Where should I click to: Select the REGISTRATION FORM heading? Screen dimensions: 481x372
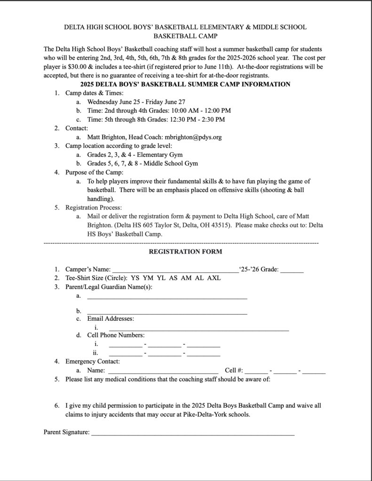click(x=185, y=251)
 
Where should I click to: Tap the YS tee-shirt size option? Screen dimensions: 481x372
click(x=135, y=278)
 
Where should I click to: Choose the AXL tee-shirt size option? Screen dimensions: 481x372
click(x=214, y=278)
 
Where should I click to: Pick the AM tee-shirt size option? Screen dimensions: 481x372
click(x=186, y=278)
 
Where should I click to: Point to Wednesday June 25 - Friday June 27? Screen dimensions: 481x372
click(x=136, y=101)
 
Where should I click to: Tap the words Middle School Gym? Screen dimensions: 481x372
click(x=167, y=163)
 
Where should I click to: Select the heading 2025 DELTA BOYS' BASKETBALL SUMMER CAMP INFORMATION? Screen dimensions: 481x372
click(x=185, y=84)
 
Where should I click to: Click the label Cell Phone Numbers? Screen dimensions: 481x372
click(x=116, y=335)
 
